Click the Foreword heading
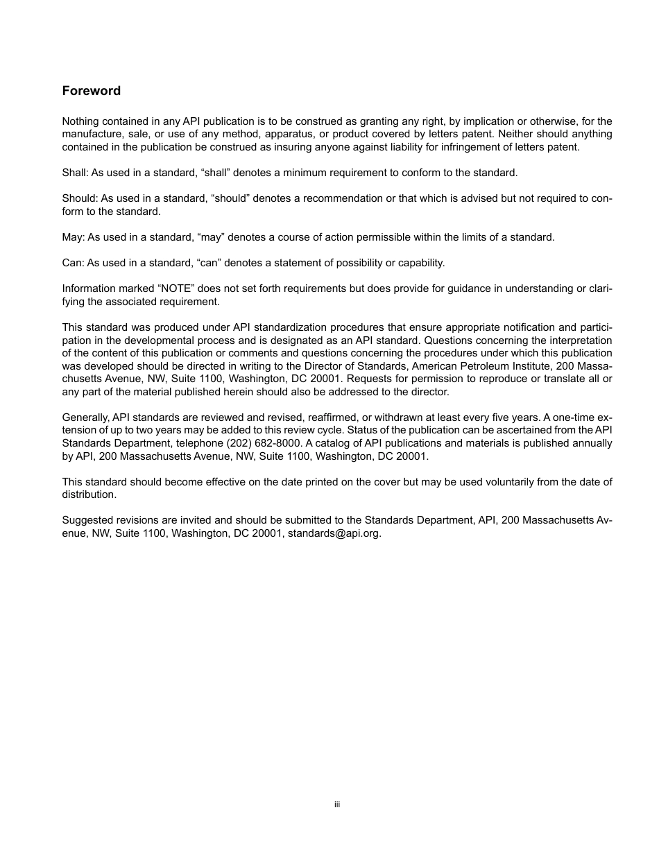pos(91,91)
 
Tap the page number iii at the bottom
pos(336,804)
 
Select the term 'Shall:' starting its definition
pos(75,173)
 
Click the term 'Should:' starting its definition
pos(80,198)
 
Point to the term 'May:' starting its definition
pos(73,237)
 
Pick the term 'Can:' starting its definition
pos(73,263)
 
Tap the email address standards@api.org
pos(334,534)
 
